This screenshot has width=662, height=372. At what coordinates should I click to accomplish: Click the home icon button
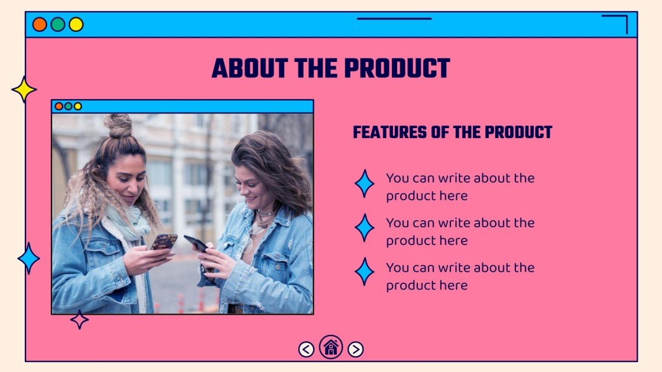[x=331, y=347]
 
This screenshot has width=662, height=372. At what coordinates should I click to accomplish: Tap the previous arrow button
[x=306, y=350]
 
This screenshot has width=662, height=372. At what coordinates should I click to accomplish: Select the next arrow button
[x=355, y=350]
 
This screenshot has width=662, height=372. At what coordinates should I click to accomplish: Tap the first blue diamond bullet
[x=364, y=184]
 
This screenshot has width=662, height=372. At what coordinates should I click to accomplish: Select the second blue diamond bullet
[x=364, y=228]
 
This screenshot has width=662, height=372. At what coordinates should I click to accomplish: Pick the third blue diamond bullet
[x=364, y=272]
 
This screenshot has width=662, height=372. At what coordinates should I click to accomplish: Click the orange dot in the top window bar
[x=40, y=24]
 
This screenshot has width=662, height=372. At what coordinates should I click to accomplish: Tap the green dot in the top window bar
[x=58, y=24]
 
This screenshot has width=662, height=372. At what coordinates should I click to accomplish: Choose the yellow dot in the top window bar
[x=76, y=24]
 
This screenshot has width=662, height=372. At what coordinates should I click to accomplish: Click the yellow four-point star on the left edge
[x=24, y=89]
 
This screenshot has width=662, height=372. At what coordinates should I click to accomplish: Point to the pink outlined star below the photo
[x=79, y=319]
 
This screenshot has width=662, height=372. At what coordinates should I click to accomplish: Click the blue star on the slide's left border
[x=28, y=258]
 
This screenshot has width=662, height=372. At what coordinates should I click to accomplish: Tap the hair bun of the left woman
[x=118, y=125]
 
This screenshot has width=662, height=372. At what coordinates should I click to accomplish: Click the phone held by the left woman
[x=164, y=242]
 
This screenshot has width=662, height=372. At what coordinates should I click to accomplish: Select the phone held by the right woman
[x=196, y=243]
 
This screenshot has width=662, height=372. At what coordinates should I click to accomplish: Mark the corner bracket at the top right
[x=618, y=22]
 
